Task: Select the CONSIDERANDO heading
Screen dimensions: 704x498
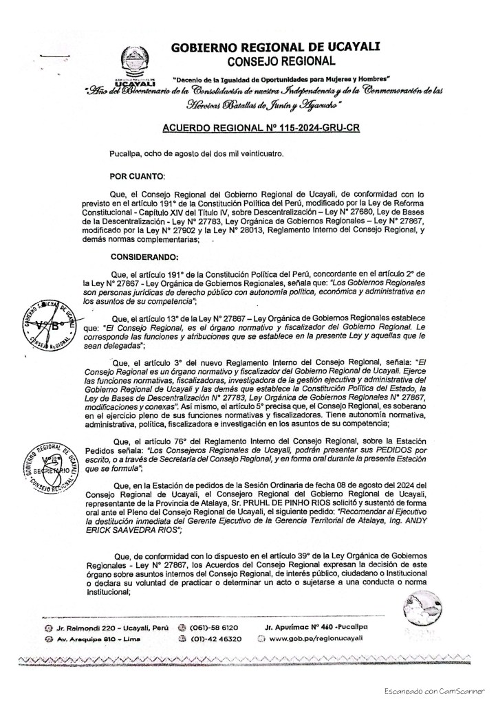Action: [x=144, y=258]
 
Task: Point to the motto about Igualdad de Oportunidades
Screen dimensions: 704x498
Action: [x=281, y=79]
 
